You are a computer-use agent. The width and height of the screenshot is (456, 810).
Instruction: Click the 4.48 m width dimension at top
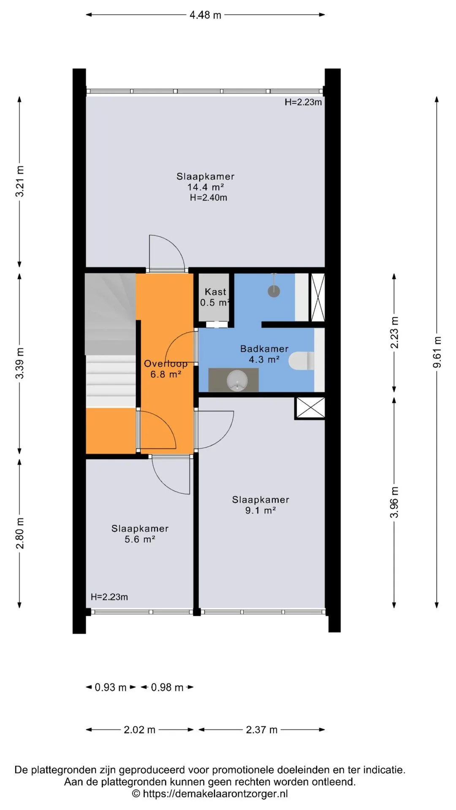(205, 15)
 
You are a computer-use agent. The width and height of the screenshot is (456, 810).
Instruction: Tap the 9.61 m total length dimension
(437, 352)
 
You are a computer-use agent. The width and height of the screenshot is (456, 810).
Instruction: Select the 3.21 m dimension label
(19, 181)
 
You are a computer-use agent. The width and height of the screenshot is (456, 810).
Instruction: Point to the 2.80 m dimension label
(19, 533)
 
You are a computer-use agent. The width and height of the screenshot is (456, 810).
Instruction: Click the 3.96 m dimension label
(394, 502)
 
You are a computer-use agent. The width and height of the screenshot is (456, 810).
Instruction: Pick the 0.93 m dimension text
(111, 687)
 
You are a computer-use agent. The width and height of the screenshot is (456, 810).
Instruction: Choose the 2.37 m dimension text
(262, 729)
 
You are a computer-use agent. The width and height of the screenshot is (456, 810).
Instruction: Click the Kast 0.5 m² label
(215, 297)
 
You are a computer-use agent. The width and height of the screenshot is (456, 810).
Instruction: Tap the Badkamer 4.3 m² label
(264, 354)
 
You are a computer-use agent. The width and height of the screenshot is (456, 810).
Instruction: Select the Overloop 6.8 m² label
(166, 369)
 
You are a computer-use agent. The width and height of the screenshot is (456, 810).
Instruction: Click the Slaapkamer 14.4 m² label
(206, 181)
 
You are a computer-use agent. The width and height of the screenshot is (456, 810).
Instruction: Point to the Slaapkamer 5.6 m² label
(140, 534)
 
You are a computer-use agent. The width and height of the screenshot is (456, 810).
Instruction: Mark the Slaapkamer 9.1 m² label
(261, 505)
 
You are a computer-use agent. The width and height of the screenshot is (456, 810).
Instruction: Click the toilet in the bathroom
(302, 361)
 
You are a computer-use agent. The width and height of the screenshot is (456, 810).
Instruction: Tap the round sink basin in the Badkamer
(237, 381)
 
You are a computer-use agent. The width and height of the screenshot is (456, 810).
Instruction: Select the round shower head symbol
(274, 291)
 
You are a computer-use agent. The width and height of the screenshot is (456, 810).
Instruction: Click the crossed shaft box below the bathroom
(310, 408)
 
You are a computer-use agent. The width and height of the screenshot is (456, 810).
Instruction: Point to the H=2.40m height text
(209, 197)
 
